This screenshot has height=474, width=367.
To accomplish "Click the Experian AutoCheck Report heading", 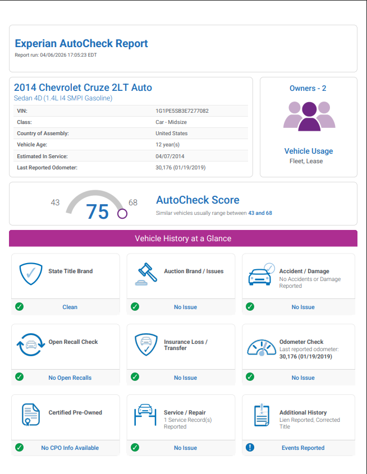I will pyautogui.click(x=81, y=43).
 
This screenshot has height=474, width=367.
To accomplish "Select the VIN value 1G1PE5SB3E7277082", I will pyautogui.click(x=182, y=111).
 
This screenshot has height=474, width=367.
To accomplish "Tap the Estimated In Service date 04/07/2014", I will pyautogui.click(x=169, y=156).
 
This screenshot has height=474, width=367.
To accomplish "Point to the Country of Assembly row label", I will pyautogui.click(x=43, y=134).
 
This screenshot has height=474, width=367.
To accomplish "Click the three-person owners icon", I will pyautogui.click(x=309, y=116).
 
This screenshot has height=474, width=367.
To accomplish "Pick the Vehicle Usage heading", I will pyautogui.click(x=308, y=151).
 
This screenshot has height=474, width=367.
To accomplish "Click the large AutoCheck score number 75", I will pyautogui.click(x=97, y=211).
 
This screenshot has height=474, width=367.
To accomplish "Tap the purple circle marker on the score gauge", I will pyautogui.click(x=122, y=213).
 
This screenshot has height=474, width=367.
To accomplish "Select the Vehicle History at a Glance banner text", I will pyautogui.click(x=183, y=238).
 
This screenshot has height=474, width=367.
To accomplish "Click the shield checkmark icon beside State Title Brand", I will pyautogui.click(x=31, y=274).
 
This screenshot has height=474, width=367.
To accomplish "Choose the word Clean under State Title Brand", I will pyautogui.click(x=70, y=307).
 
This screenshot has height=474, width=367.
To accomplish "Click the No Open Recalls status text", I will pyautogui.click(x=70, y=378).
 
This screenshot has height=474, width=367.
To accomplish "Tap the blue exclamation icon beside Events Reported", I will pyautogui.click(x=250, y=448).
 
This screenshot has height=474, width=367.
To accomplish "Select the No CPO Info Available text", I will pyautogui.click(x=70, y=448).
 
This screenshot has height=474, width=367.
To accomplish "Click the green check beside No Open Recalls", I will pyautogui.click(x=20, y=377).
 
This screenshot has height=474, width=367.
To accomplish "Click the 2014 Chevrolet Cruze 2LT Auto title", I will pyautogui.click(x=83, y=88).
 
